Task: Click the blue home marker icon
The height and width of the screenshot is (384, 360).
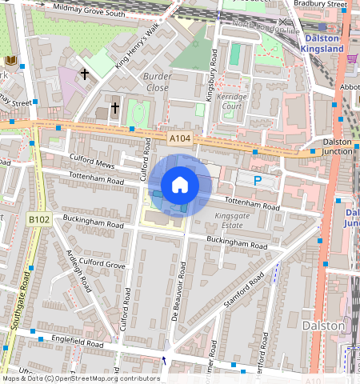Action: (180, 185)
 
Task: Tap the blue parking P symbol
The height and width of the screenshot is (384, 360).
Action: (258, 181)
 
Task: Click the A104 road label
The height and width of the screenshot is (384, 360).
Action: (180, 139)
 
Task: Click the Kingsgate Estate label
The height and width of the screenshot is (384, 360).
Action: (234, 221)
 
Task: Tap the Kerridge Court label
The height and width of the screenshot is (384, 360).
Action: (232, 101)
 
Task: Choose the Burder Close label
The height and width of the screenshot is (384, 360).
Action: (157, 81)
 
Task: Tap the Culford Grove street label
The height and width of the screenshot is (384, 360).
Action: (103, 262)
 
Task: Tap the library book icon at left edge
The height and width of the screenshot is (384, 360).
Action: (10, 61)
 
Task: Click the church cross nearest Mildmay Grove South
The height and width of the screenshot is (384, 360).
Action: (84, 74)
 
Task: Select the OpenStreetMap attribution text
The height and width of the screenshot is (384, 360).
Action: (81, 378)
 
